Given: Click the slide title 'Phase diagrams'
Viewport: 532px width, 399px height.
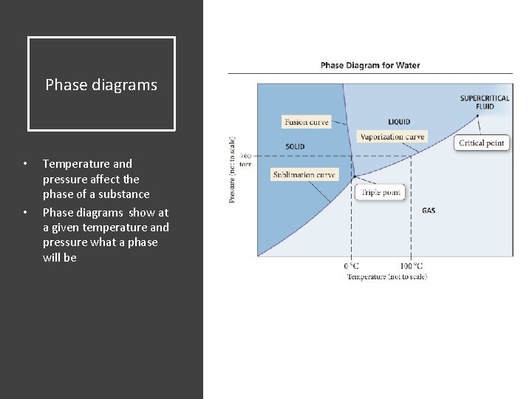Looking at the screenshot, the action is (x=101, y=85).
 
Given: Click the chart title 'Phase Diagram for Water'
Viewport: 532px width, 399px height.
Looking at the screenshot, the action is (x=370, y=65).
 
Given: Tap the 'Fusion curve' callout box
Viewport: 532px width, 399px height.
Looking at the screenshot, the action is (x=306, y=122).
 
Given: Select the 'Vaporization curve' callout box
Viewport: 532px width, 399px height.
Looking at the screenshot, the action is (x=392, y=137).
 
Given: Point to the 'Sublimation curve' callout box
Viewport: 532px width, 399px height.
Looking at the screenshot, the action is (x=304, y=175).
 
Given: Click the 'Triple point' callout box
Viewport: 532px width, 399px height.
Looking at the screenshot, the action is (x=381, y=193).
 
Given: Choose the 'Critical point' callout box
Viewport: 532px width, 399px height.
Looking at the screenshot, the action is (x=481, y=143).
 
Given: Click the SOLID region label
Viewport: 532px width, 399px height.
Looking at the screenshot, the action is (x=295, y=146).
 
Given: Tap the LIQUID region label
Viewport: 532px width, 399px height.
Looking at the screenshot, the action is (x=399, y=122).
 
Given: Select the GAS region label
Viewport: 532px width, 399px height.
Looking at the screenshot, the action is (x=429, y=211).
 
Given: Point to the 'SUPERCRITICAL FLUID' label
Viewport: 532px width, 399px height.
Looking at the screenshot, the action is (x=485, y=102).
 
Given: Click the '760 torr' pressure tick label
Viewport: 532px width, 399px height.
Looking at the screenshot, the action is (x=245, y=160).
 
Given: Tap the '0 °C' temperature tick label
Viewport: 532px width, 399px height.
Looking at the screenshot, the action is (x=352, y=266).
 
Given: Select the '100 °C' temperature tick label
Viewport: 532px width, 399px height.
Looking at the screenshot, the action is (x=411, y=266).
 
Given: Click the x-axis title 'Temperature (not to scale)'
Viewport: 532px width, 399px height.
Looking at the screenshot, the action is (x=386, y=276).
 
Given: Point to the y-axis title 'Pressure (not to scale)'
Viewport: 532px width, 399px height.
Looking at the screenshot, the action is (x=233, y=169).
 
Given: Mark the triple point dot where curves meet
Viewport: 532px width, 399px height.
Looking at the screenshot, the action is (x=354, y=176).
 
